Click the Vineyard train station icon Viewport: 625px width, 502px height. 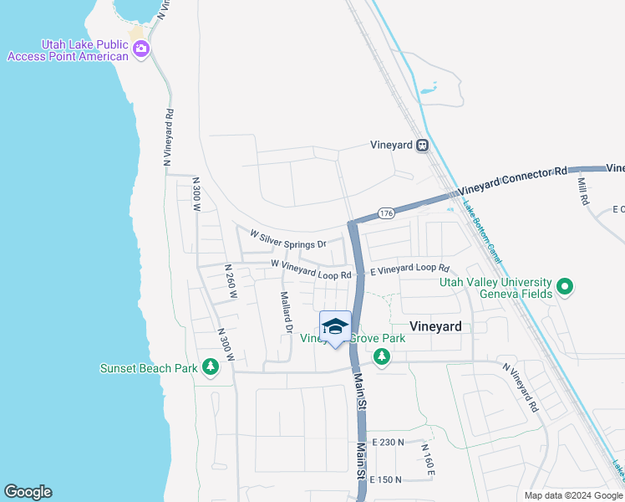423,145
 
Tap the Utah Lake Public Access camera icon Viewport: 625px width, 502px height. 140,49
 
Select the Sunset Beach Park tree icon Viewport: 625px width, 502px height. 211,367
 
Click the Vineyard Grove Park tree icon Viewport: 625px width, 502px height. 382,357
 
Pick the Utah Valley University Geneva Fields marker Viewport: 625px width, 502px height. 566,287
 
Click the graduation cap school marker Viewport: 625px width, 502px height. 335,327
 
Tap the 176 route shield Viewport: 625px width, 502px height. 385,213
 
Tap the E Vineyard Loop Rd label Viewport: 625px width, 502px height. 409,269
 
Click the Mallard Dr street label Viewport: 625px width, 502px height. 286,312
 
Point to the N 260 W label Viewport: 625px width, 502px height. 230,282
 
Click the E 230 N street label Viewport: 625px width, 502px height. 389,442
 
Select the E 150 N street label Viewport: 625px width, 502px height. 387,479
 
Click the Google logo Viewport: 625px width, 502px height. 28,492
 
